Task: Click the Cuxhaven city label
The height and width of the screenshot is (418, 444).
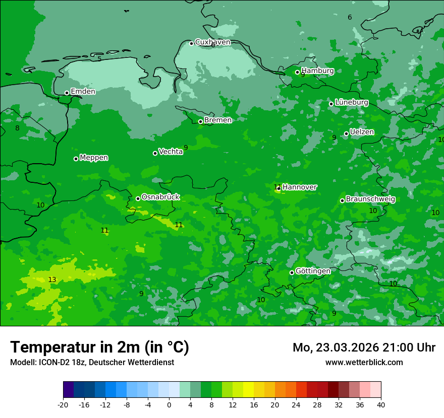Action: pyautogui.click(x=212, y=42)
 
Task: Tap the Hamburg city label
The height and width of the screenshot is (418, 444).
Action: pyautogui.click(x=317, y=71)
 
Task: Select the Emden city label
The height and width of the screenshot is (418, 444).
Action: pyautogui.click(x=83, y=92)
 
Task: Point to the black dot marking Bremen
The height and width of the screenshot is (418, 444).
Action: pyautogui.click(x=200, y=121)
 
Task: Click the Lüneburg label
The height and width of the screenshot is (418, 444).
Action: pyautogui.click(x=351, y=103)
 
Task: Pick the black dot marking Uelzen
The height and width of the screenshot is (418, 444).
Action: pyautogui.click(x=346, y=133)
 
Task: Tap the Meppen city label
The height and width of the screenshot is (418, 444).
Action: pyautogui.click(x=94, y=158)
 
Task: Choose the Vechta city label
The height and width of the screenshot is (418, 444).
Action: pyautogui.click(x=171, y=152)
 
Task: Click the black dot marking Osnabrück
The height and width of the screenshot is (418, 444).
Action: pyautogui.click(x=138, y=198)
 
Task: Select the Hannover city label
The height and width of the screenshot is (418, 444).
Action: pyautogui.click(x=300, y=187)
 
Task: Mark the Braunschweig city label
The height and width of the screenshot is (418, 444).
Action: pyautogui.click(x=370, y=199)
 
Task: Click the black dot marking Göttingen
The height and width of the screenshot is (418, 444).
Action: pyautogui.click(x=292, y=272)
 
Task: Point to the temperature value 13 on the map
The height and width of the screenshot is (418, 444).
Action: pyautogui.click(x=52, y=280)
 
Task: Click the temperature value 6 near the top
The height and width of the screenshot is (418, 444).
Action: pyautogui.click(x=350, y=18)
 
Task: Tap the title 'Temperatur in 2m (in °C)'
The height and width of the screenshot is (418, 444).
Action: pyautogui.click(x=99, y=347)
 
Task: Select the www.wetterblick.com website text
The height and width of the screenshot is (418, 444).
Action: pyautogui.click(x=364, y=363)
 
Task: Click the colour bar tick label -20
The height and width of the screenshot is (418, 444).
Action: pyautogui.click(x=63, y=405)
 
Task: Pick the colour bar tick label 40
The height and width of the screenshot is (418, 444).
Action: pyautogui.click(x=381, y=405)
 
